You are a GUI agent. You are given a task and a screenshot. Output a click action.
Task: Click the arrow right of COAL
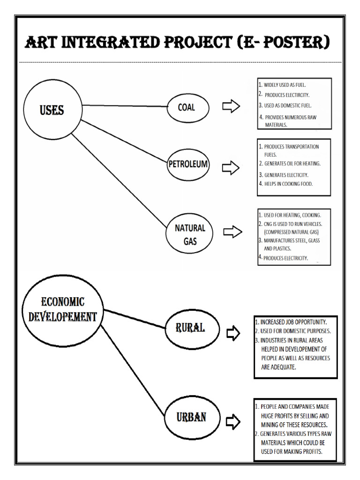coord(231,107)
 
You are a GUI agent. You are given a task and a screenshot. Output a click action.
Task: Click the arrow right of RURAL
coord(233,333)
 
